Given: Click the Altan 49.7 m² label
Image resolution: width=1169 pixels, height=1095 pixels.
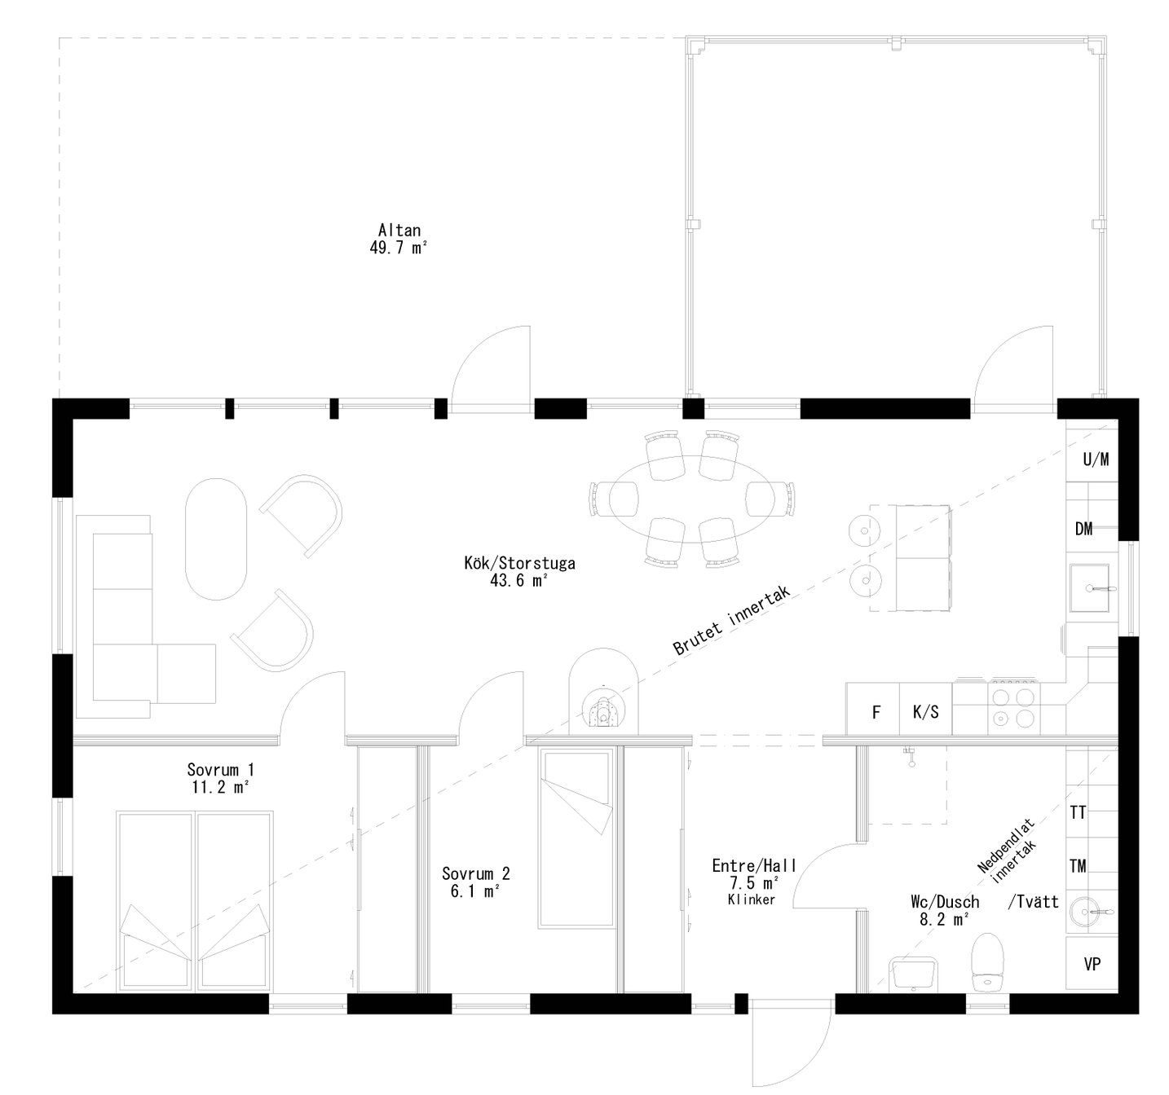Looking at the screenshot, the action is coord(398,238).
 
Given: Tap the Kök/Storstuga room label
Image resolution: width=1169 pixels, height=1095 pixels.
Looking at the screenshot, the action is coord(519,563).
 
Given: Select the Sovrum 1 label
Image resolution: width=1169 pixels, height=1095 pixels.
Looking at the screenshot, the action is coord(220,770).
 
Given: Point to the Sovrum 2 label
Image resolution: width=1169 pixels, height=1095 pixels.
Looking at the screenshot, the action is coord(475,873).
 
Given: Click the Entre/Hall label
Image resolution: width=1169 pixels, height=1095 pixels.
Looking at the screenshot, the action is coord(754,865).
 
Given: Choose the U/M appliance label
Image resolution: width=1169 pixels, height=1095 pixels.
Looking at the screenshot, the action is coord(1096,460).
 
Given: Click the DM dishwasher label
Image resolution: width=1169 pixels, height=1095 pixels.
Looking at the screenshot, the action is coord(1083,529).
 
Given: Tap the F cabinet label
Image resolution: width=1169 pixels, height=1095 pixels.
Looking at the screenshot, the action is coord(876,713).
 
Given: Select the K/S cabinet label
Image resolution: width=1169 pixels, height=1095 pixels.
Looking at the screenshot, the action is coord(925,713).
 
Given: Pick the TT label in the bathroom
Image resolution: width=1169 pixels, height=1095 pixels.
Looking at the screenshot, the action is coord(1078,812).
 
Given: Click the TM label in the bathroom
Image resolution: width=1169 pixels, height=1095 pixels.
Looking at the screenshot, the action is coord(1078,865).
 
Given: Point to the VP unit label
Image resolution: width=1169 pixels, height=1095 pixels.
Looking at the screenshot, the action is coord(1092,965).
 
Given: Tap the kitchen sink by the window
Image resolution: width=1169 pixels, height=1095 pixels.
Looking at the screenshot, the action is coord(1090,587).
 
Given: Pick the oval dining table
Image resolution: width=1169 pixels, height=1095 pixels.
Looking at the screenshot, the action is coord(691,499).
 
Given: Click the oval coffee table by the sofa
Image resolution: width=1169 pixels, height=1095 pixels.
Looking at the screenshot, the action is coord(216,539).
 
